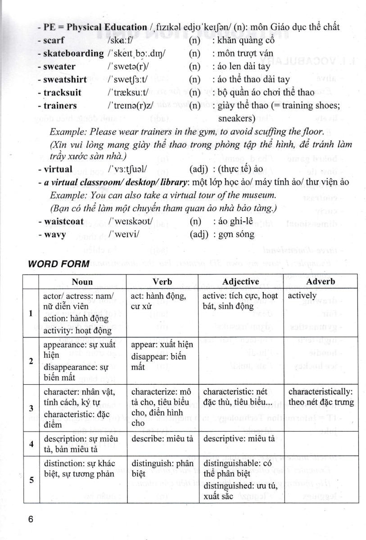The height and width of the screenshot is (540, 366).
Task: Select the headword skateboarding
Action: [x=73, y=54]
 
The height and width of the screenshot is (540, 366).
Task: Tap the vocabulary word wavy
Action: [x=54, y=234]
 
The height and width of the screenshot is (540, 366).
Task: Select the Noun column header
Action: [x=82, y=282]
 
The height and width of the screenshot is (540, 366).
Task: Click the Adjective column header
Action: [x=240, y=282]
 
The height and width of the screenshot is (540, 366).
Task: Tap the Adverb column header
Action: [x=321, y=282]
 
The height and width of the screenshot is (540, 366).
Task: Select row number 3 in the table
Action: [x=31, y=408]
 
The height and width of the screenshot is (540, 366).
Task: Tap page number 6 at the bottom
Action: [x=31, y=519]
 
